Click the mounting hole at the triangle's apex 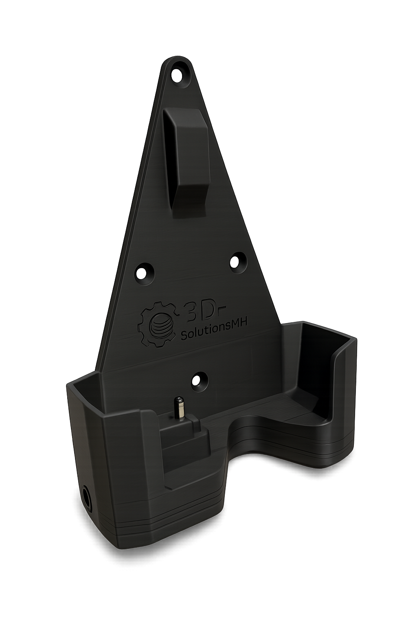point(178,74)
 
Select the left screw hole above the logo point(145,272)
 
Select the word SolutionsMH point(215,329)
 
